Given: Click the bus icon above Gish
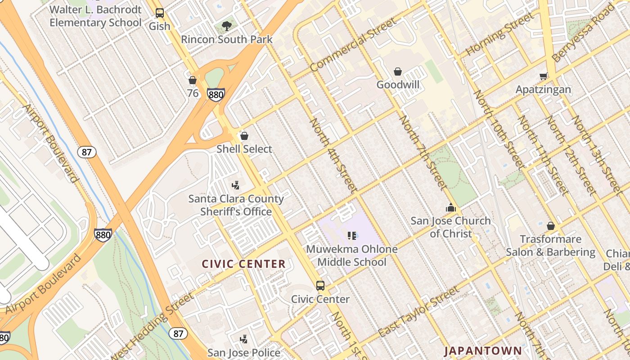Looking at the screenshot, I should [160, 13].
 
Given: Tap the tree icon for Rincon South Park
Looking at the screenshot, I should [227, 26].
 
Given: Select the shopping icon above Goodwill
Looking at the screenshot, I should [398, 72].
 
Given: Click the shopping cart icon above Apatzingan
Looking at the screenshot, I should [543, 76].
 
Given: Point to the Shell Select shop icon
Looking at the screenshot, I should [244, 135].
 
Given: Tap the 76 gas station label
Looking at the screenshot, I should [193, 93].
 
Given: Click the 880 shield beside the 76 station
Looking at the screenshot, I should [216, 94].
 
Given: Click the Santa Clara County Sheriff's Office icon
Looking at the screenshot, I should [235, 185].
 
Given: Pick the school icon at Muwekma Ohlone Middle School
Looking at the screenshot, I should [352, 235].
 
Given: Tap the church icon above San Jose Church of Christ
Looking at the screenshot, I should [450, 207].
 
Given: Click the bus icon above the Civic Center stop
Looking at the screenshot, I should [320, 285].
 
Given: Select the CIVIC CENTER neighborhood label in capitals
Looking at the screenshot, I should [243, 264].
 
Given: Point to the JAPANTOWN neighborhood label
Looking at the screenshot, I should [483, 351].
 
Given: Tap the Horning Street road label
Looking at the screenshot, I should [499, 34].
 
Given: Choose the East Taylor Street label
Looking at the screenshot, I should [419, 311].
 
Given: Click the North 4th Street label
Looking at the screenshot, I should [333, 155].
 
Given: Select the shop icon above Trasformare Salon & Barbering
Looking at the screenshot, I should [550, 226].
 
